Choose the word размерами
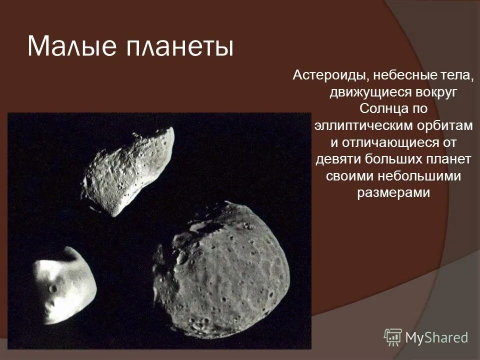(393, 192)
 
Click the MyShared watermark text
(436, 337)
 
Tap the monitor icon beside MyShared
(393, 337)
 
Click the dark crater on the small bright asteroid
(53, 289)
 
